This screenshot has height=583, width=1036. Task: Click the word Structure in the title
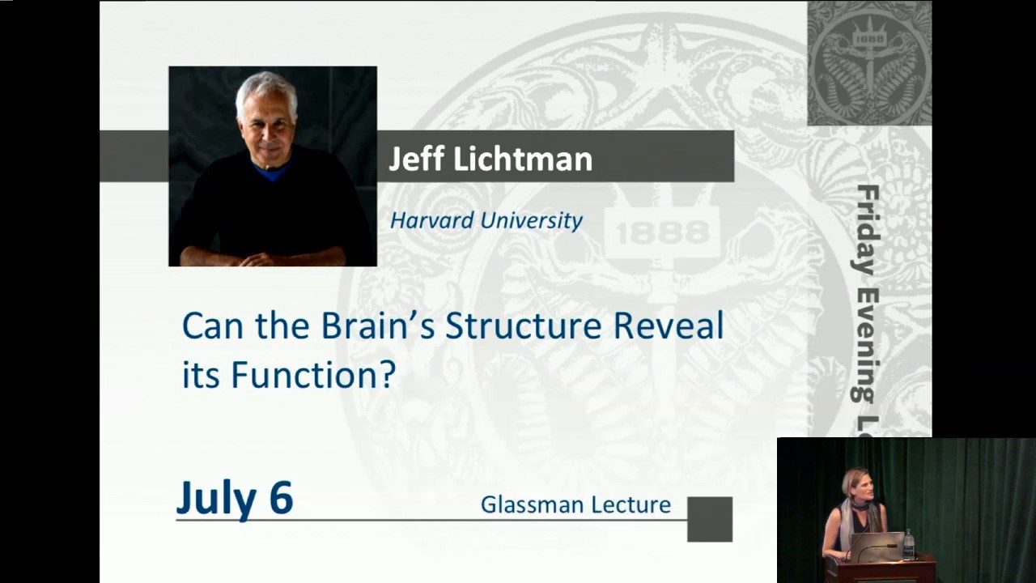click(523, 326)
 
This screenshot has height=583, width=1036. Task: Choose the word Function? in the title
click(313, 375)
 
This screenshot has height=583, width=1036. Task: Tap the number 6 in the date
click(280, 497)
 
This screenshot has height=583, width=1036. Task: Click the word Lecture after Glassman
click(631, 504)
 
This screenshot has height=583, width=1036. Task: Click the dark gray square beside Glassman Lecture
click(710, 519)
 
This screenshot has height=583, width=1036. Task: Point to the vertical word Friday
click(867, 230)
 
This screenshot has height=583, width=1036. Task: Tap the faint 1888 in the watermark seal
click(662, 234)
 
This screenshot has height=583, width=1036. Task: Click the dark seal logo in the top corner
click(869, 63)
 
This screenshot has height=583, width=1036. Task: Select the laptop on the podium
click(877, 547)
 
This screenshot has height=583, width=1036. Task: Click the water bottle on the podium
click(909, 544)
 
